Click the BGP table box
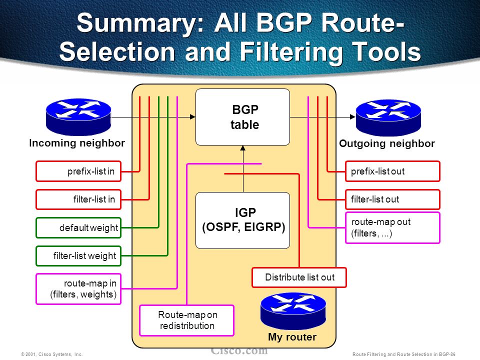point(242,117)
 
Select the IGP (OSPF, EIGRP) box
point(242,220)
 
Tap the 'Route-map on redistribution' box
point(187,320)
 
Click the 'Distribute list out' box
point(299,277)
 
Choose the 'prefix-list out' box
point(392,171)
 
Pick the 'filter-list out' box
point(392,199)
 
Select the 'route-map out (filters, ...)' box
point(392,227)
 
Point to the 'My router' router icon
point(293,309)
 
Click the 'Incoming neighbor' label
point(77,143)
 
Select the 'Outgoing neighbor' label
point(387,144)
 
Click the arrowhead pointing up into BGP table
point(242,148)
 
